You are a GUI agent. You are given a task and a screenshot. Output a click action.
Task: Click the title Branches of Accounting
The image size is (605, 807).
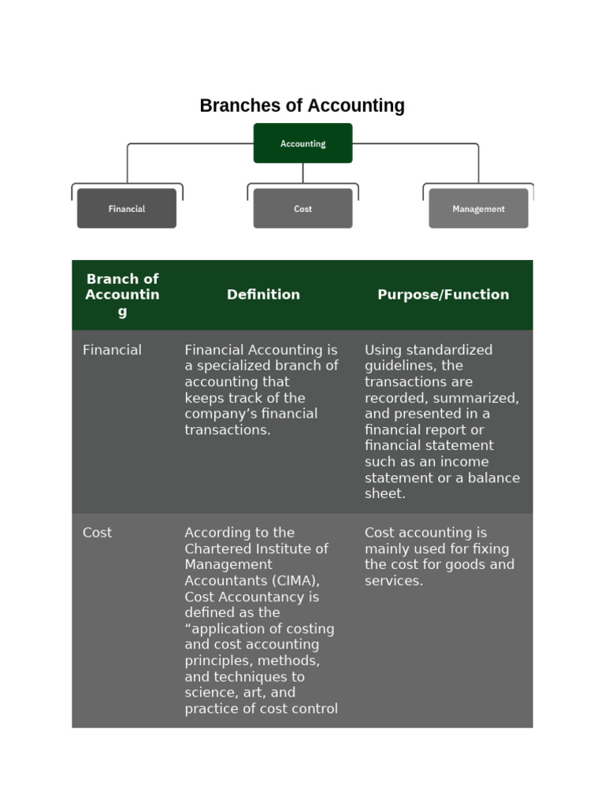[302, 106]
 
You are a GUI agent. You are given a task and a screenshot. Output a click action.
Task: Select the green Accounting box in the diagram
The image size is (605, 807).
[302, 143]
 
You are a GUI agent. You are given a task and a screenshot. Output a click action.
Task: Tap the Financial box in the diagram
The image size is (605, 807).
[127, 209]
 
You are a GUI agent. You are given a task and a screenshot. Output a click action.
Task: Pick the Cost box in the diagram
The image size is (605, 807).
[302, 209]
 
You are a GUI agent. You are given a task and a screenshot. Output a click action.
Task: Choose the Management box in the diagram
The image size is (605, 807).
[478, 209]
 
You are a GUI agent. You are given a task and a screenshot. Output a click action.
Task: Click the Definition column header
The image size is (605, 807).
[263, 295]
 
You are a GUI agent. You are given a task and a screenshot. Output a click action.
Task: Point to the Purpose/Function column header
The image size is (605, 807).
[443, 295]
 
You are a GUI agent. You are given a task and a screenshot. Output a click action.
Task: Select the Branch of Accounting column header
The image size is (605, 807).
[122, 295]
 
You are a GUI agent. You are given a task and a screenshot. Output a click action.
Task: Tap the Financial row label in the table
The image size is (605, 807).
[112, 350]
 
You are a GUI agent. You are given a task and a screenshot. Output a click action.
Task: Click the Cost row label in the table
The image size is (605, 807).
[97, 533]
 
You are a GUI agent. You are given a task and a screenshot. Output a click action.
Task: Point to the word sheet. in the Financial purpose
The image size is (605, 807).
[385, 494]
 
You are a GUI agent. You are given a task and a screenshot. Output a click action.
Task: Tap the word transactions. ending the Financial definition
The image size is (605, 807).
[228, 430]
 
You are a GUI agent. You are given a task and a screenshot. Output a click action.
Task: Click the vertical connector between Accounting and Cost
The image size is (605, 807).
[302, 173]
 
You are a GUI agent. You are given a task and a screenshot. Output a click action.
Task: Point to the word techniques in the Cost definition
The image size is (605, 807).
[251, 677]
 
